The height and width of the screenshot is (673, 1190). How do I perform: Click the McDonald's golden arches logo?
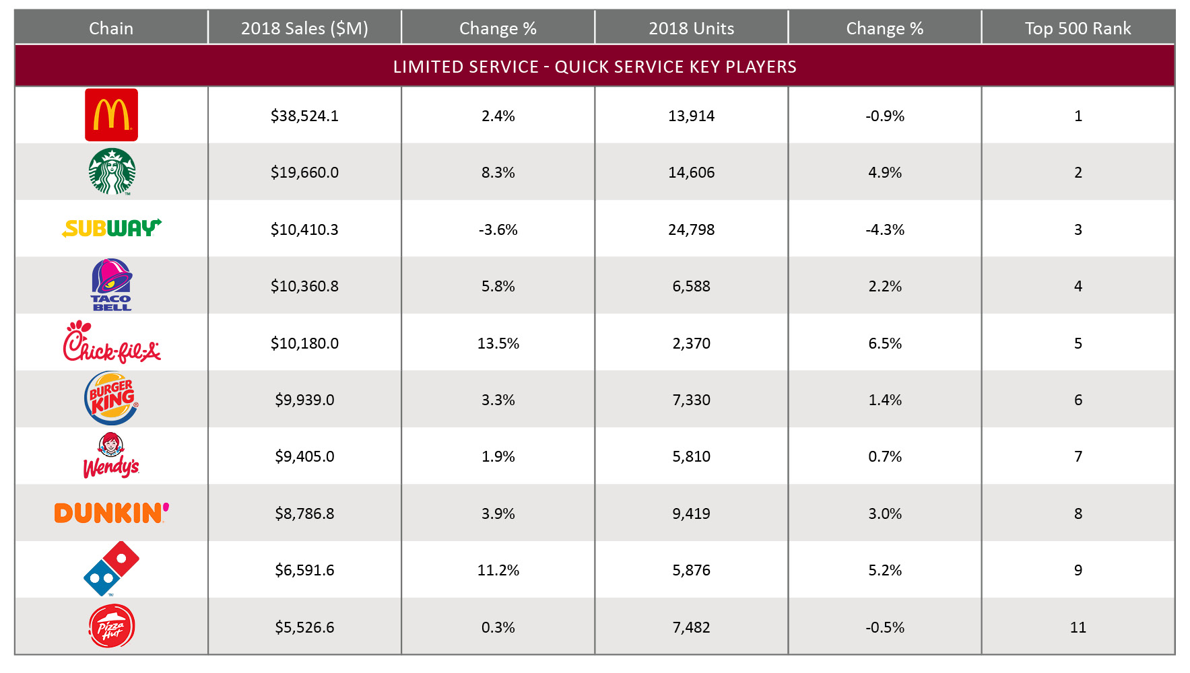111,115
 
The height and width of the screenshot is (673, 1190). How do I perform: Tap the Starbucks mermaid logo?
112,172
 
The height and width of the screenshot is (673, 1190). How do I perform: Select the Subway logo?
111,229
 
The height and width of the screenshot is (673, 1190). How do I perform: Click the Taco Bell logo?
111,285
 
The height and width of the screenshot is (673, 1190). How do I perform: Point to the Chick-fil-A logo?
111,343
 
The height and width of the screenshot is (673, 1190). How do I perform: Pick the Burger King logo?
111,399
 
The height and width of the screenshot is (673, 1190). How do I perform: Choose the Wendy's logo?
111,456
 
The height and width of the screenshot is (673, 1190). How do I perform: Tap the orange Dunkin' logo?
111,513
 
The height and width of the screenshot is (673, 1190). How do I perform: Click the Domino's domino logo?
111,569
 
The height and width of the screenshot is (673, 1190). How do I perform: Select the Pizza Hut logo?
112,627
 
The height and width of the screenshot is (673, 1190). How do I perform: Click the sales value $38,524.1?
304,116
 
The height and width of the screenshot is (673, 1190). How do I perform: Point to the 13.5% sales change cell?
498,343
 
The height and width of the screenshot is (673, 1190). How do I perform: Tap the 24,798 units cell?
691,229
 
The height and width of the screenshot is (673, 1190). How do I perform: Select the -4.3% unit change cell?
884,229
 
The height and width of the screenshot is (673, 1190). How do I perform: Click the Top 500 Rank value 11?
1078,627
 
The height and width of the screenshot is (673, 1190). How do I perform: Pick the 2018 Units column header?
691,28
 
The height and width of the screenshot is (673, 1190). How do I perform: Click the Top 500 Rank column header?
1078,28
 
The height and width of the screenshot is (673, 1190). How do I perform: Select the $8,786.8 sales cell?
304,513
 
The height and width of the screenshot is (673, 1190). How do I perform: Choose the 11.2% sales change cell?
498,570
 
